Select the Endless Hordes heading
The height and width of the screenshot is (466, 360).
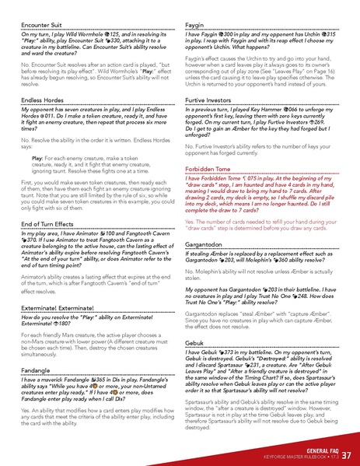41,100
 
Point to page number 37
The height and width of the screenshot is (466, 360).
347,454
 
